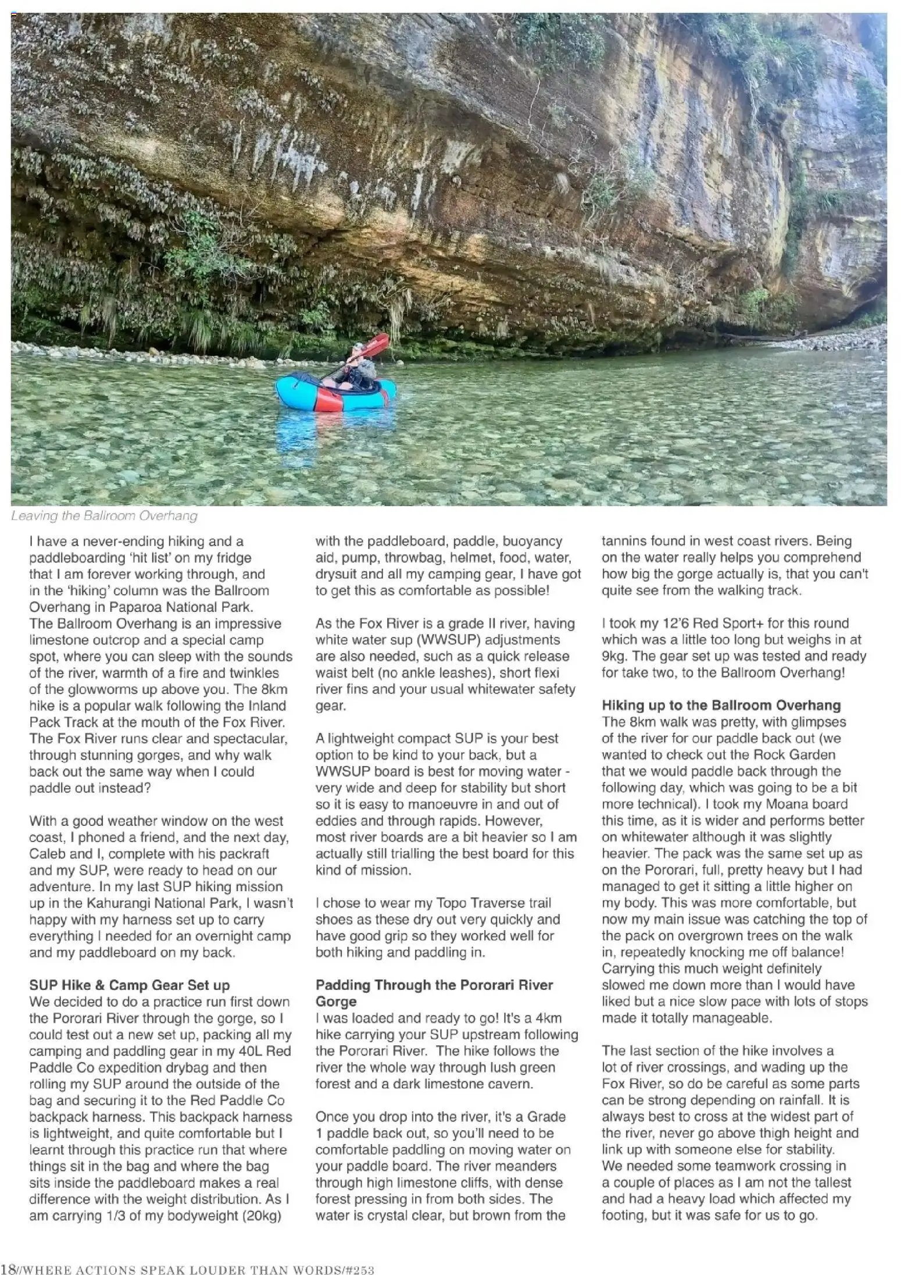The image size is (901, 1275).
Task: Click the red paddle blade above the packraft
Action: click(x=378, y=343)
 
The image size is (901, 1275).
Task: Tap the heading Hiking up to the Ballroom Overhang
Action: click(x=721, y=705)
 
